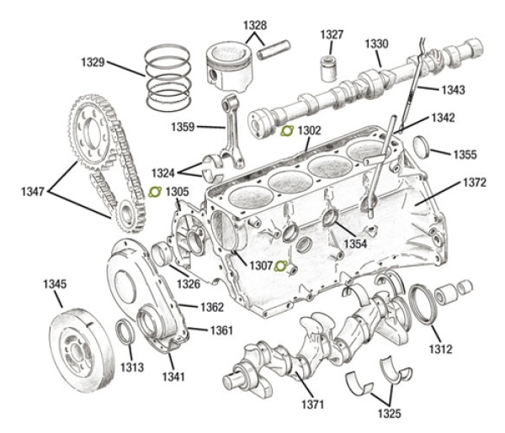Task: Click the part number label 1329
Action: tap(93, 62)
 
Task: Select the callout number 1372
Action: tap(473, 182)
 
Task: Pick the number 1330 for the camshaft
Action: tap(376, 44)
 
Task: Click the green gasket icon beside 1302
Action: tap(286, 132)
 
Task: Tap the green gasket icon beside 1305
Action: tap(155, 193)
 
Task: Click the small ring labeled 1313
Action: tap(124, 334)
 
